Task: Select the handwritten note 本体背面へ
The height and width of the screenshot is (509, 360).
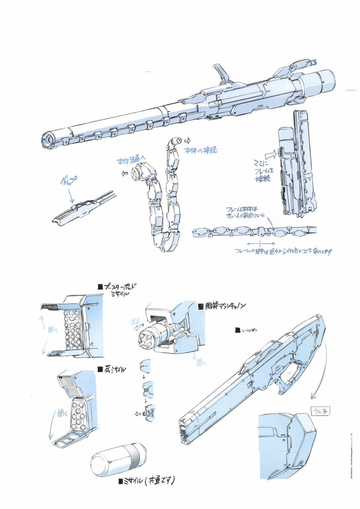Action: coord(132,161)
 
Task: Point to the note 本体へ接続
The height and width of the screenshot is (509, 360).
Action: coord(203,150)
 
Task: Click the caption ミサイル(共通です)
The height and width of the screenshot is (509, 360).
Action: coord(147,480)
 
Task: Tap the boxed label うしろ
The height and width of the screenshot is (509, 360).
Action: coord(318,410)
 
